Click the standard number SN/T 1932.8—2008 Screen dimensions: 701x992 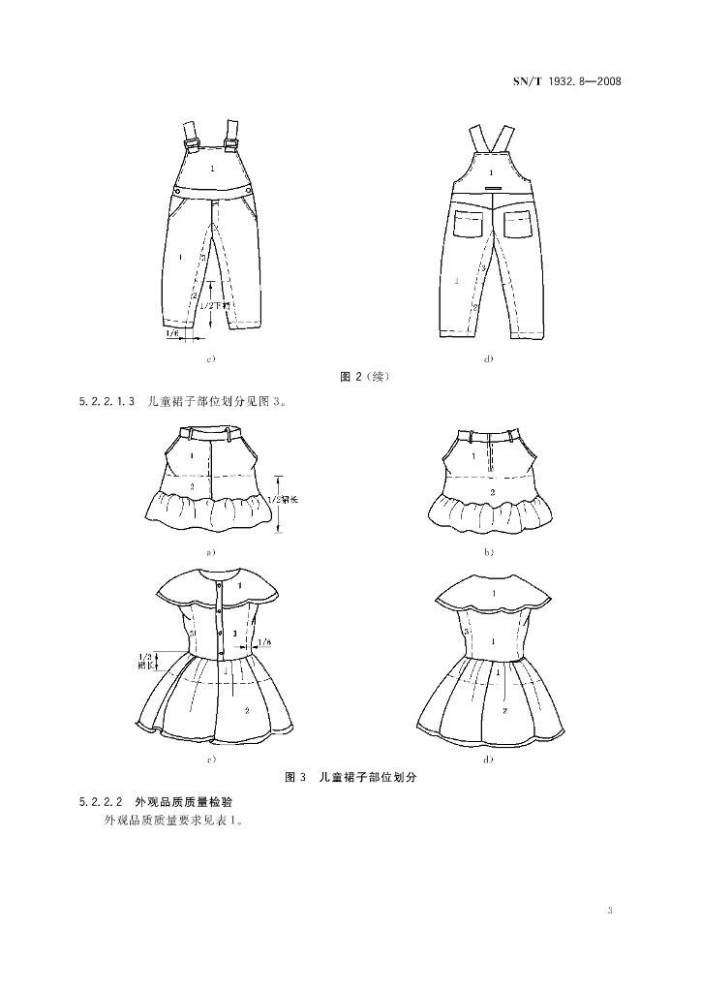coord(564,81)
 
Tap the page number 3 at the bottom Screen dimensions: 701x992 coord(609,911)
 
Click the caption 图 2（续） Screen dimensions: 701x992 coord(364,376)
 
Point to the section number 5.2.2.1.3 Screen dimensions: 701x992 coord(107,399)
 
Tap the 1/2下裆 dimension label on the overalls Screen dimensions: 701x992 coord(211,304)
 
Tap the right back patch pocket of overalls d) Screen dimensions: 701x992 coord(515,224)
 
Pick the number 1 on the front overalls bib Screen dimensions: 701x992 coord(213,171)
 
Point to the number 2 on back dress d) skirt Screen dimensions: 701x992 coord(503,710)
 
